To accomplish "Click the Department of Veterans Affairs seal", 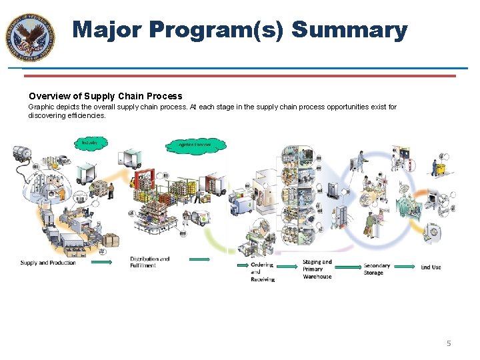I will [x=30, y=37].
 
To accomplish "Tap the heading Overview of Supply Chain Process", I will [x=105, y=96].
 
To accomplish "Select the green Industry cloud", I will [x=89, y=143].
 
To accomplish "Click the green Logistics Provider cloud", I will [x=195, y=144].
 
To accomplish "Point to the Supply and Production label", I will [x=48, y=263].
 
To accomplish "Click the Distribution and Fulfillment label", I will [x=149, y=262].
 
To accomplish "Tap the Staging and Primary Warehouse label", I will [x=317, y=269].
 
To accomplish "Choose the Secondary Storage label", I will [x=377, y=269].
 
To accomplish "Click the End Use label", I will [x=431, y=267].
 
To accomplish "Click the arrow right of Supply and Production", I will [x=101, y=263].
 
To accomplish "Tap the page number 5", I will [x=449, y=343].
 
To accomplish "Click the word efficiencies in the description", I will [x=87, y=115].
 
